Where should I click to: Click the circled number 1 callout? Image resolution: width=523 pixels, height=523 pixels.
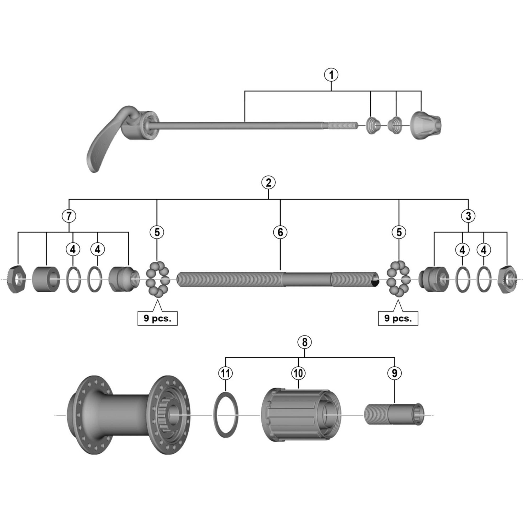pyautogui.click(x=331, y=75)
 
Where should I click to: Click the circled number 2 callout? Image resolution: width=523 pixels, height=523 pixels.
pyautogui.click(x=268, y=183)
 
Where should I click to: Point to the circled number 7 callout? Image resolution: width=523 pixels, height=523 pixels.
pyautogui.click(x=69, y=216)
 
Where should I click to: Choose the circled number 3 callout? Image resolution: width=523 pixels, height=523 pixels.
pyautogui.click(x=468, y=216)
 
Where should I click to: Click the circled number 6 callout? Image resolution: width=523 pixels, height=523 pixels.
pyautogui.click(x=280, y=232)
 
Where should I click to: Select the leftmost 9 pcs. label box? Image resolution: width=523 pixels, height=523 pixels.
pyautogui.click(x=157, y=318)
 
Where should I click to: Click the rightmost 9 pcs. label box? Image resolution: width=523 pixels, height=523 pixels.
pyautogui.click(x=398, y=318)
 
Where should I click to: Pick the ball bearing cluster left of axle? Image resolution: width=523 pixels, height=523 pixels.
pyautogui.click(x=157, y=279)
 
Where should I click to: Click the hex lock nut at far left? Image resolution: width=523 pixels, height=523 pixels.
pyautogui.click(x=17, y=279)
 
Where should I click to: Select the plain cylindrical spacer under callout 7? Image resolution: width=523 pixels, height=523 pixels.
pyautogui.click(x=46, y=279)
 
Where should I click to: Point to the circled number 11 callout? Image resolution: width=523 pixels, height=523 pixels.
pyautogui.click(x=225, y=373)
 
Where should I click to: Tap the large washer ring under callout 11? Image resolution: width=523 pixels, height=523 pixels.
pyautogui.click(x=226, y=414)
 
